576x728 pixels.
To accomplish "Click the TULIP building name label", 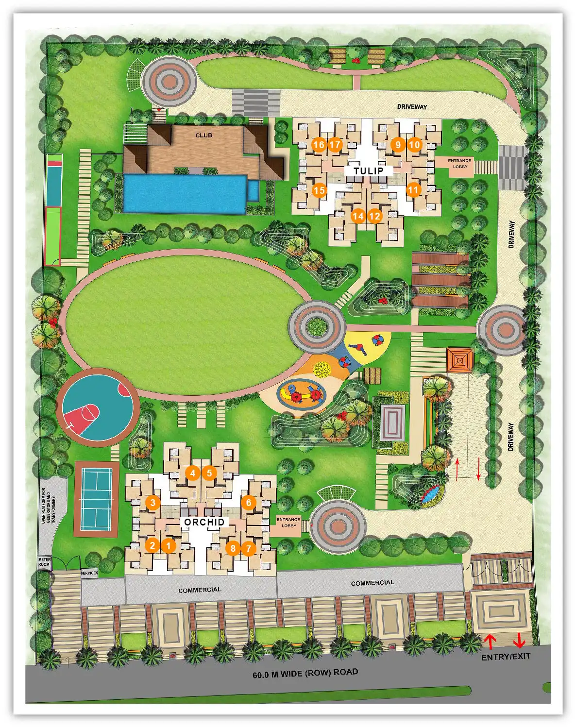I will coord(368,171).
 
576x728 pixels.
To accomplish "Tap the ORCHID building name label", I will coord(204,522).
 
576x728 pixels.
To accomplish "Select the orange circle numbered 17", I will coord(335,145).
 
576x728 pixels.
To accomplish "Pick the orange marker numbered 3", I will coord(153,503).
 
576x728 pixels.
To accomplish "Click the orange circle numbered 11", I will coord(413,190).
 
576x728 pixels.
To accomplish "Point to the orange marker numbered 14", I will coord(358,217).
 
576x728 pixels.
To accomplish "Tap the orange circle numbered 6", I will coord(249,503).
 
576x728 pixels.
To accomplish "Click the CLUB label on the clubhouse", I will coord(203,135).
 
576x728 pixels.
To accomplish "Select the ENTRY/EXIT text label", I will coord(506,657).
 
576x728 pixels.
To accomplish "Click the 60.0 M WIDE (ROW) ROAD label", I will coord(305,673).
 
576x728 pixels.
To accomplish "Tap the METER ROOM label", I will coord(44,562).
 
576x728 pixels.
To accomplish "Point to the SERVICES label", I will coord(89,573).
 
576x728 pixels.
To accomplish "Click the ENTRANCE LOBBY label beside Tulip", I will coord(459,164).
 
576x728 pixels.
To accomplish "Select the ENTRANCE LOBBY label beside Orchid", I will coord(288,523).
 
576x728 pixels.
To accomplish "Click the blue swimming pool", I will coord(185,193).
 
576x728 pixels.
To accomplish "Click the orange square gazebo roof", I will coord(459,360).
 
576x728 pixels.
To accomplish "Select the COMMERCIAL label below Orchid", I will coord(200,590).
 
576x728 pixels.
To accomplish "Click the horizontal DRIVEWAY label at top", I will coord(412,107).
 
